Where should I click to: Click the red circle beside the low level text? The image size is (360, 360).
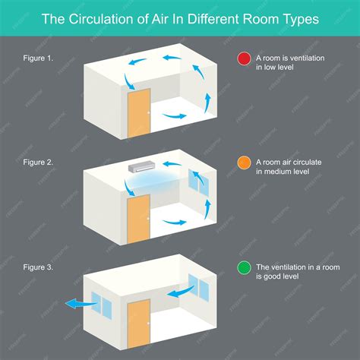click(243, 58)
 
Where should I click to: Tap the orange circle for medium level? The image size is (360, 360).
click(243, 162)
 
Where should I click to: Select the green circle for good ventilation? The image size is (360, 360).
click(243, 267)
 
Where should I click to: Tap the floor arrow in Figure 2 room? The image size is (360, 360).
click(175, 222)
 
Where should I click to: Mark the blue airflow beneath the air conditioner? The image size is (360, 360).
click(155, 179)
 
